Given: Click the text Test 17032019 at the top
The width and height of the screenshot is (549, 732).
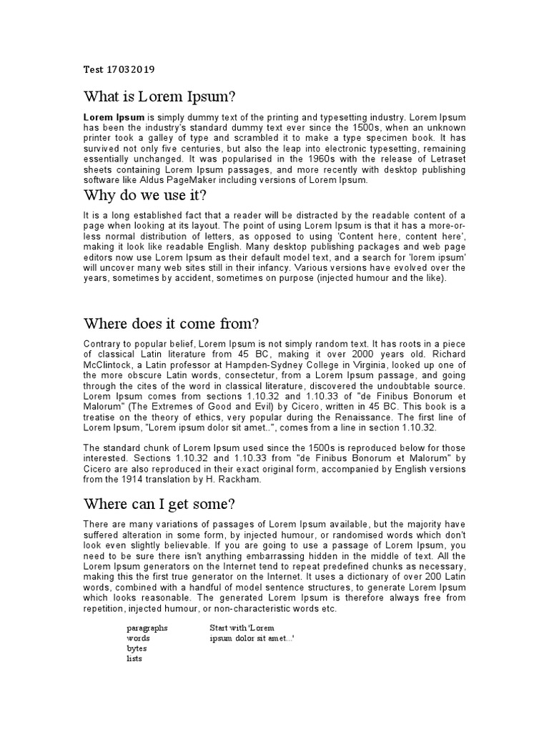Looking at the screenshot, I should pos(119,70).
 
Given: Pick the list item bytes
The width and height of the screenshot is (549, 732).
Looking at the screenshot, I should pos(137,648).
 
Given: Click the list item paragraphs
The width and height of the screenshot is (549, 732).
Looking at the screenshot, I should pos(147,627).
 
